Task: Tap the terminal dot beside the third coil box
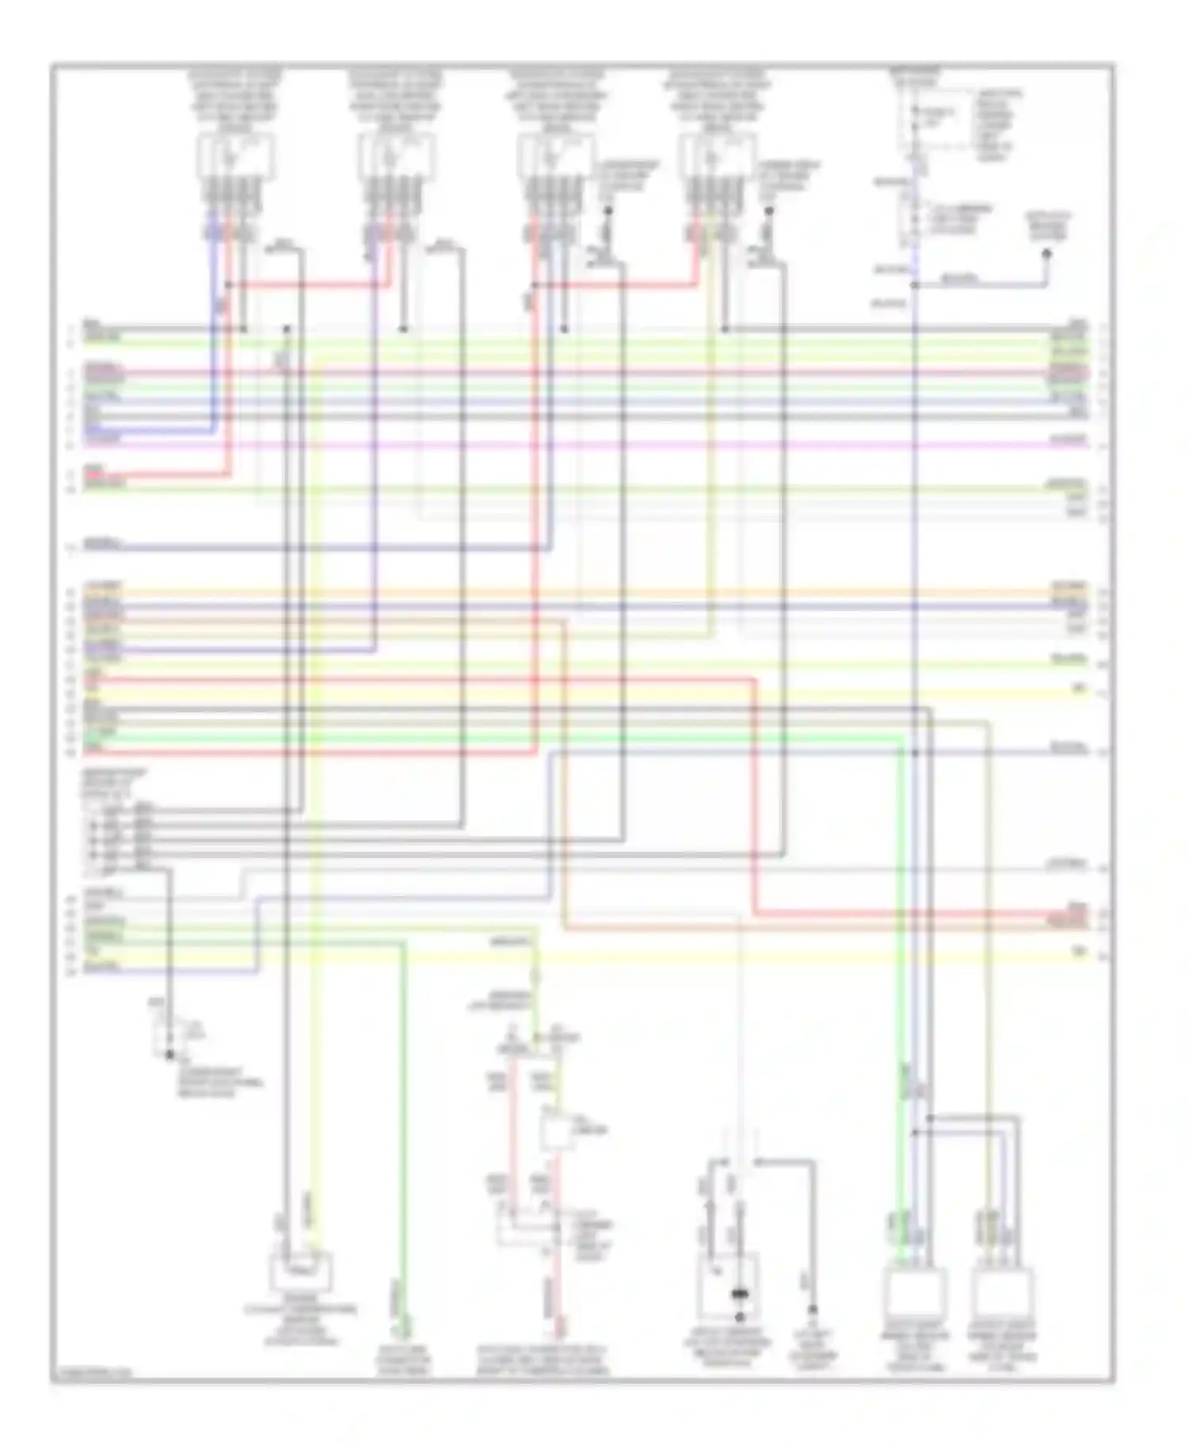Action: click(609, 211)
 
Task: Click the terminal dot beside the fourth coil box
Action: click(768, 211)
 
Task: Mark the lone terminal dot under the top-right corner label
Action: click(1046, 253)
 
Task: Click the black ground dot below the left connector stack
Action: click(169, 1055)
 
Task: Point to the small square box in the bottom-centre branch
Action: click(559, 1129)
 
